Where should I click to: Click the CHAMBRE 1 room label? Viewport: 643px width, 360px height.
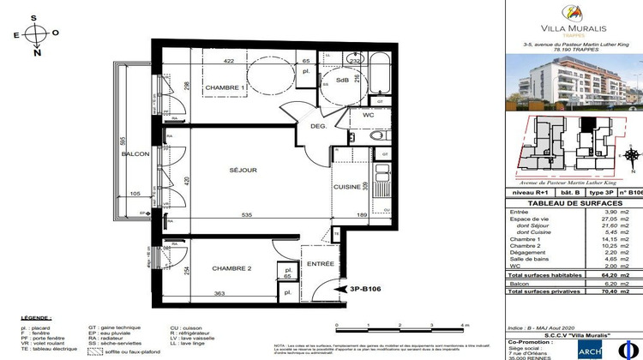click(225, 87)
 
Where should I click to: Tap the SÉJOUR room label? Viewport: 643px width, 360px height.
click(243, 171)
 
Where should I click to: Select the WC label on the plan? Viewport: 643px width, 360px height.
click(368, 114)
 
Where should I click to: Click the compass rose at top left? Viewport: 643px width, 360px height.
click(36, 34)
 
